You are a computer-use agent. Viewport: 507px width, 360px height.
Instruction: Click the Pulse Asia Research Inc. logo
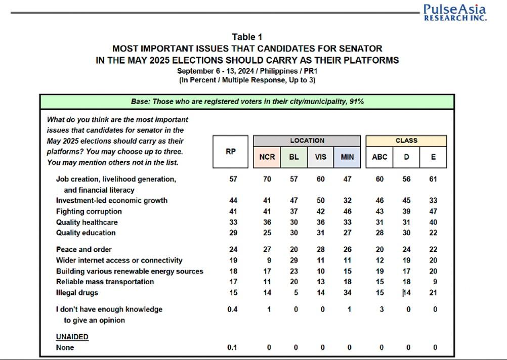click(x=455, y=12)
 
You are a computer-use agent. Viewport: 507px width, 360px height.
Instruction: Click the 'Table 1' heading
click(x=247, y=37)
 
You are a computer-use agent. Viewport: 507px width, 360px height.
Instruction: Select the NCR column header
click(x=267, y=157)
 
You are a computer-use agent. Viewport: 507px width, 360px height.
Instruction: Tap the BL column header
click(x=293, y=157)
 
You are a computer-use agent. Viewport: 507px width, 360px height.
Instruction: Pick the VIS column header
click(x=320, y=157)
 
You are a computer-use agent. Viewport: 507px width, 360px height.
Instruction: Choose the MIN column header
click(x=347, y=157)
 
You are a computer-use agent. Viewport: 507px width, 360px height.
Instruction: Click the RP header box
click(x=231, y=152)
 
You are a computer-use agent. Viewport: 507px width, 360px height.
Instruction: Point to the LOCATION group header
click(x=307, y=141)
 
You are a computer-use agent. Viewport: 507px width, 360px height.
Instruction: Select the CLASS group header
click(x=406, y=141)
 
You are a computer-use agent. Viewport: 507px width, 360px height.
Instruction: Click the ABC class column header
click(x=379, y=157)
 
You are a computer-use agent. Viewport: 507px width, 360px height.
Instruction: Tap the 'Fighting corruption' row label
click(x=89, y=211)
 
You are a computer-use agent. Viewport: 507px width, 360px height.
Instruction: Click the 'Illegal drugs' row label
click(x=77, y=293)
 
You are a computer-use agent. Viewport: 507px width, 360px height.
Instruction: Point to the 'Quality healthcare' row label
click(x=87, y=222)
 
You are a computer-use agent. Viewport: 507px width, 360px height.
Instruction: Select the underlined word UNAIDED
click(x=72, y=337)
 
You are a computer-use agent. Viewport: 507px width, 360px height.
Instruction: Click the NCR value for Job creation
click(x=267, y=179)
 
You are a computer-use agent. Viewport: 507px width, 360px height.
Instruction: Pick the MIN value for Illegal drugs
click(x=347, y=293)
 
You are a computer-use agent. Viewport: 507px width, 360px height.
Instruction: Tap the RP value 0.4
click(x=232, y=309)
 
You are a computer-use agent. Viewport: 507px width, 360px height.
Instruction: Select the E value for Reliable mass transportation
click(x=435, y=282)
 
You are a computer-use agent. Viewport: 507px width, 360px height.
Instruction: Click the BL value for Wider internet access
click(x=293, y=260)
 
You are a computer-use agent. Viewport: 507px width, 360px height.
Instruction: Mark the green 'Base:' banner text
click(x=247, y=102)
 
